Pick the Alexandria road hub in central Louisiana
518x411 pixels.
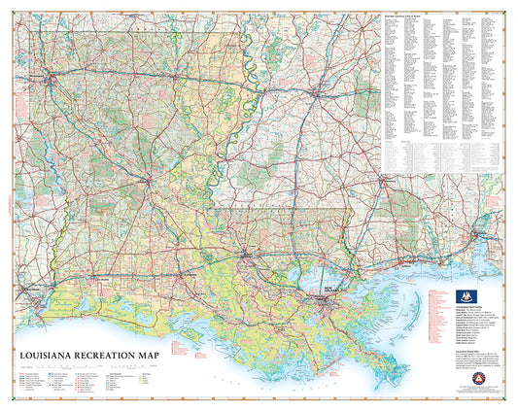(x=147, y=182)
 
